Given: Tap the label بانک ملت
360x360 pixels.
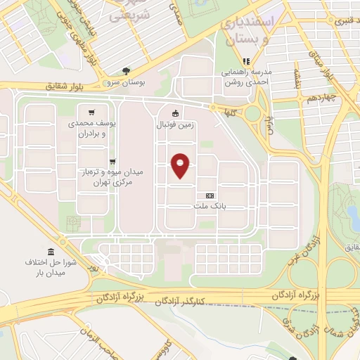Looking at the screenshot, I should pos(209,207).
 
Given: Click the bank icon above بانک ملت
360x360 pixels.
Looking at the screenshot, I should pos(209,195).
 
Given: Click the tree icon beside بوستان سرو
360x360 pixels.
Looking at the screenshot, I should pos(126,71).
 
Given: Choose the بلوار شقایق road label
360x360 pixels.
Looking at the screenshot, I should pos(70,86).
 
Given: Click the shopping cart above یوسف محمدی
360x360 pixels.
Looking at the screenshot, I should pos(91,112).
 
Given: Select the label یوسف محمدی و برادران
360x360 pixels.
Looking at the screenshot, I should pos(96,127).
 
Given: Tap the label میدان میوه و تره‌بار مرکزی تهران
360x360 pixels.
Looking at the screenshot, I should pos(99,177).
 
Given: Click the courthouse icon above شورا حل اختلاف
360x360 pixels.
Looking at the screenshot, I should pos(50,252).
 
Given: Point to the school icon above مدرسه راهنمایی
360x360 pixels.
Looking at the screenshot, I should pos(245,61).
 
